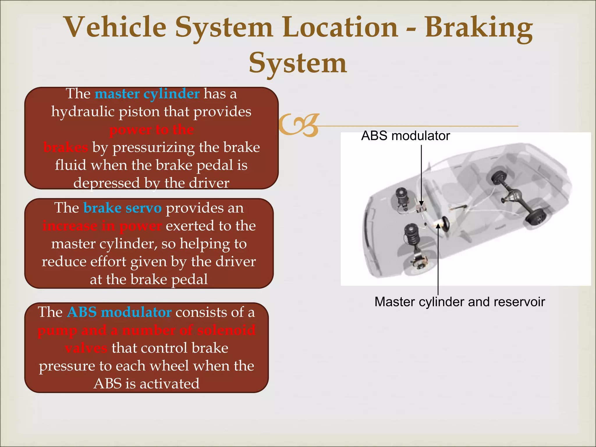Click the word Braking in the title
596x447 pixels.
coord(479,28)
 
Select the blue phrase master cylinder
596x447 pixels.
coord(147,94)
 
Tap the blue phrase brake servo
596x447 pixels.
coord(122,208)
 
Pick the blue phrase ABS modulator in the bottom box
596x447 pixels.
coord(119,312)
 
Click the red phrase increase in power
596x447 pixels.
coord(102,226)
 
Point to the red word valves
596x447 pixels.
coord(86,348)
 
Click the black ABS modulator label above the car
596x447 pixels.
coord(405,136)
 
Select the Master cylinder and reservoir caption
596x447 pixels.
coord(460,302)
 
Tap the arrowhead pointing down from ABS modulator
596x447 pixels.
coord(421,203)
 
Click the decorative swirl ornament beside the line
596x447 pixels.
coord(299,125)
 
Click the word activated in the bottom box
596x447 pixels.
coord(170,384)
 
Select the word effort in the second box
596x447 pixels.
coord(108,262)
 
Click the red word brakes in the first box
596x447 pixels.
coord(65,148)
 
